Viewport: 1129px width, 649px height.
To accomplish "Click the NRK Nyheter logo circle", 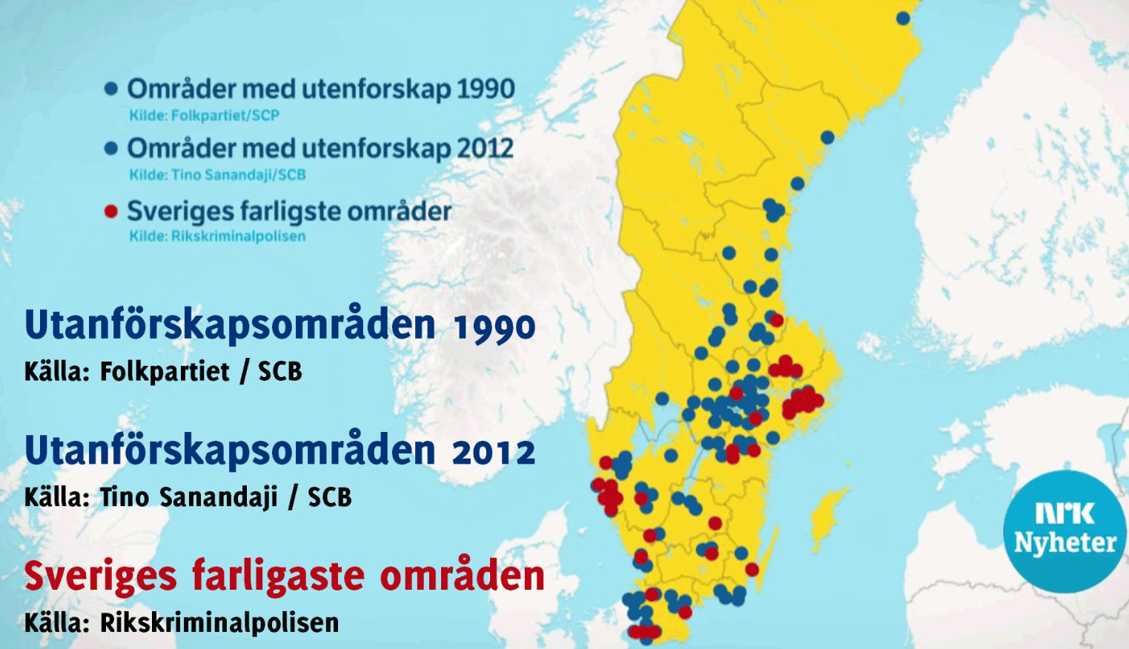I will tap(1065, 530).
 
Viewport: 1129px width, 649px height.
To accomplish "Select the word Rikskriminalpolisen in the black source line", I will tap(219, 623).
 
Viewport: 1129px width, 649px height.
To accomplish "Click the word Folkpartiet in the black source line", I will tap(165, 371).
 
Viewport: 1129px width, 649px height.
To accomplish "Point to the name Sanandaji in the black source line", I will tap(219, 497).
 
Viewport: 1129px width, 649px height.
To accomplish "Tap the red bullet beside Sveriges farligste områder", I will tap(111, 212).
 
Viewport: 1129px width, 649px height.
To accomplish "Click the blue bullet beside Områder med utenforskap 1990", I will tap(111, 89).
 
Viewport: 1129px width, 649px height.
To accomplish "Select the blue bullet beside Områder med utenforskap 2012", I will tap(111, 148).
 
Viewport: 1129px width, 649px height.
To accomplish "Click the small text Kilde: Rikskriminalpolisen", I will tap(217, 236).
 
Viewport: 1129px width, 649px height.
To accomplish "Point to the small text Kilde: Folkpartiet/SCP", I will tap(204, 116).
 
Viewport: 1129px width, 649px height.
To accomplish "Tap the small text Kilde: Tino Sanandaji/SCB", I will tap(217, 176).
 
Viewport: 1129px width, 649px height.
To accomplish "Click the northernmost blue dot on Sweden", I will tap(903, 18).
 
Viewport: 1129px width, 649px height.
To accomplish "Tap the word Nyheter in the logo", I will tap(1065, 543).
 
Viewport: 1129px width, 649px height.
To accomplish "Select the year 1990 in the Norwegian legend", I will tap(486, 89).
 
